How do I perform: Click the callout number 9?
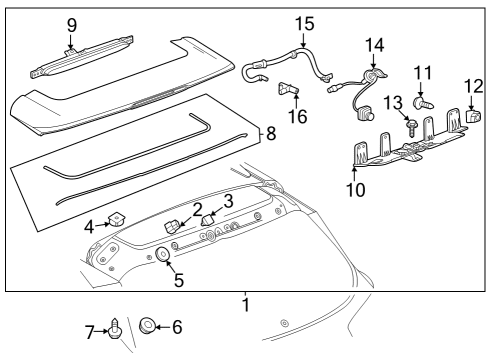[71, 24]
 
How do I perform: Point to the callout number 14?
[375, 44]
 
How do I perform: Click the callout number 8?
[268, 132]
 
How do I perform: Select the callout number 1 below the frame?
[245, 304]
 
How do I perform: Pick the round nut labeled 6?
[146, 324]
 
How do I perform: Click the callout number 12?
[473, 85]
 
